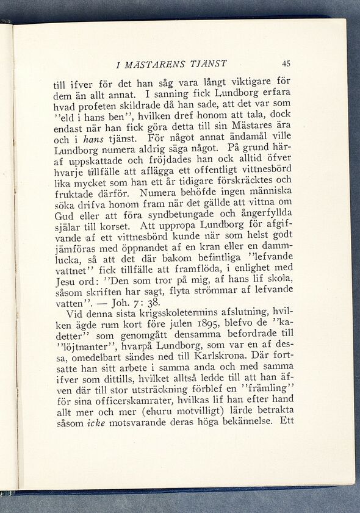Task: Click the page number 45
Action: point(286,63)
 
